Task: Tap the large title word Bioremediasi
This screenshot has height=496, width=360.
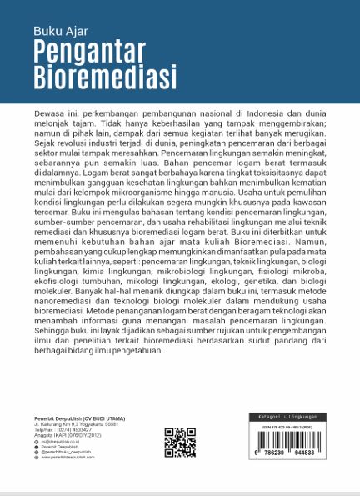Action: [106, 78]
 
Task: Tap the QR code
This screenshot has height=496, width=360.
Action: [180, 443]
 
